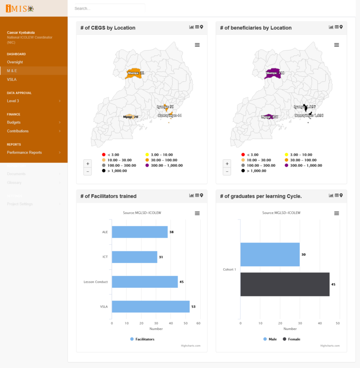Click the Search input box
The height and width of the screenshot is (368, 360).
(x=109, y=8)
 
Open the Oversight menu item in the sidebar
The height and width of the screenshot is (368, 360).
(x=15, y=62)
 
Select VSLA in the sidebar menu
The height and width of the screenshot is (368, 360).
(x=12, y=80)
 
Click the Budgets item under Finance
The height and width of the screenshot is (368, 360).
(x=14, y=123)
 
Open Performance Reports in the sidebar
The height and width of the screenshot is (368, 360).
(x=24, y=153)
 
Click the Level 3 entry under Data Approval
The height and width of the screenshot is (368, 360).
(x=13, y=101)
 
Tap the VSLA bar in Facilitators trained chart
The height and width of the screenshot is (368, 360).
(x=150, y=307)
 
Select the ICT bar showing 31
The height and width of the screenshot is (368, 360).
(x=135, y=257)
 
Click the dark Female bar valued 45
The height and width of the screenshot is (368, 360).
(x=285, y=284)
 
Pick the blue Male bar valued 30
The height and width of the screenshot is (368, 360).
(x=270, y=255)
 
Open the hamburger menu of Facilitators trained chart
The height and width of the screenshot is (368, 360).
(x=197, y=213)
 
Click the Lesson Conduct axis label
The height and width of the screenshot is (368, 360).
(x=96, y=282)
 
